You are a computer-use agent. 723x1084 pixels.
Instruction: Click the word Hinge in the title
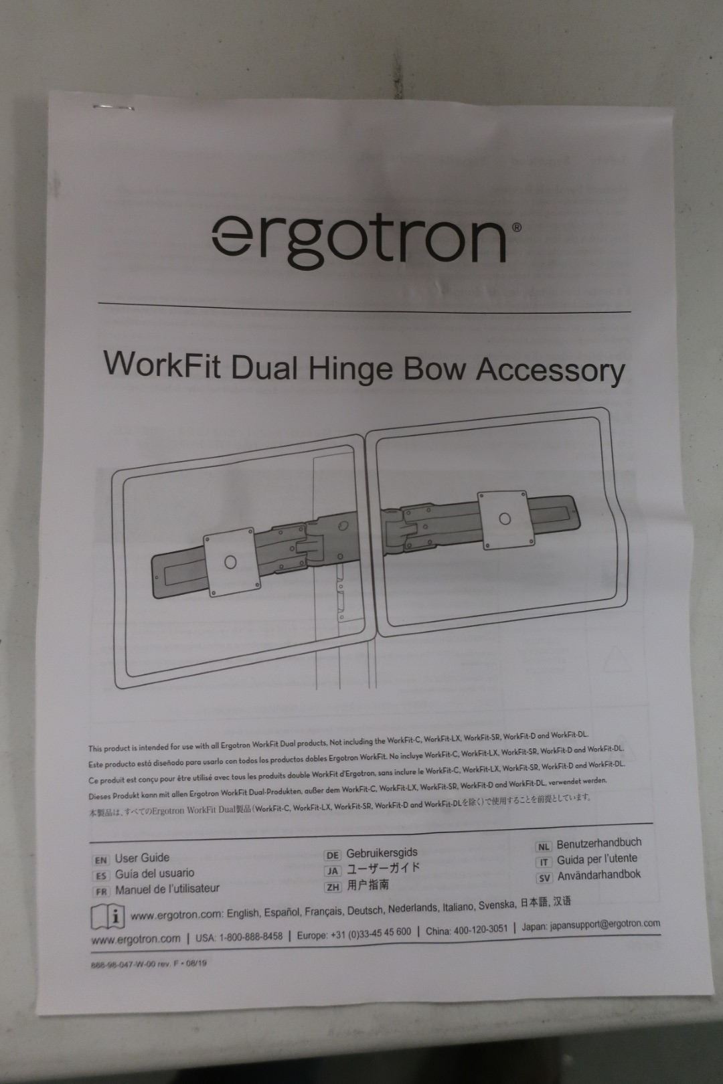pyautogui.click(x=350, y=370)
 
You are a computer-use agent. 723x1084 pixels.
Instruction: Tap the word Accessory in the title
pyautogui.click(x=550, y=371)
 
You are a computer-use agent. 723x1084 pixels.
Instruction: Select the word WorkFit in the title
pyautogui.click(x=162, y=364)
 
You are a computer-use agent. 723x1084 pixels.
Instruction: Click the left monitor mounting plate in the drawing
pyautogui.click(x=230, y=561)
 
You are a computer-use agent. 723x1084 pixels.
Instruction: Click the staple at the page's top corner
pyautogui.click(x=114, y=107)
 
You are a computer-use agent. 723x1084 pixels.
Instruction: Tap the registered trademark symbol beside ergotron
pyautogui.click(x=517, y=228)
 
